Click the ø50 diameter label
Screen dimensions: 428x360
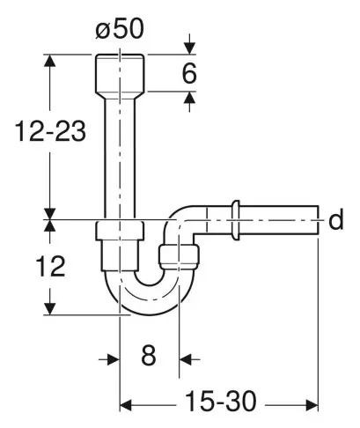(x=120, y=26)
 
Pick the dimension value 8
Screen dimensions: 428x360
(x=148, y=358)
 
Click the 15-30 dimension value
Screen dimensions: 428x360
(x=219, y=402)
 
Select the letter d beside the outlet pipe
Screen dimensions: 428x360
(x=334, y=220)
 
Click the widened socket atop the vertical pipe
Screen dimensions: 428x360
(x=120, y=73)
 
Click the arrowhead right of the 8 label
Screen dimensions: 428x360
(x=185, y=358)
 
